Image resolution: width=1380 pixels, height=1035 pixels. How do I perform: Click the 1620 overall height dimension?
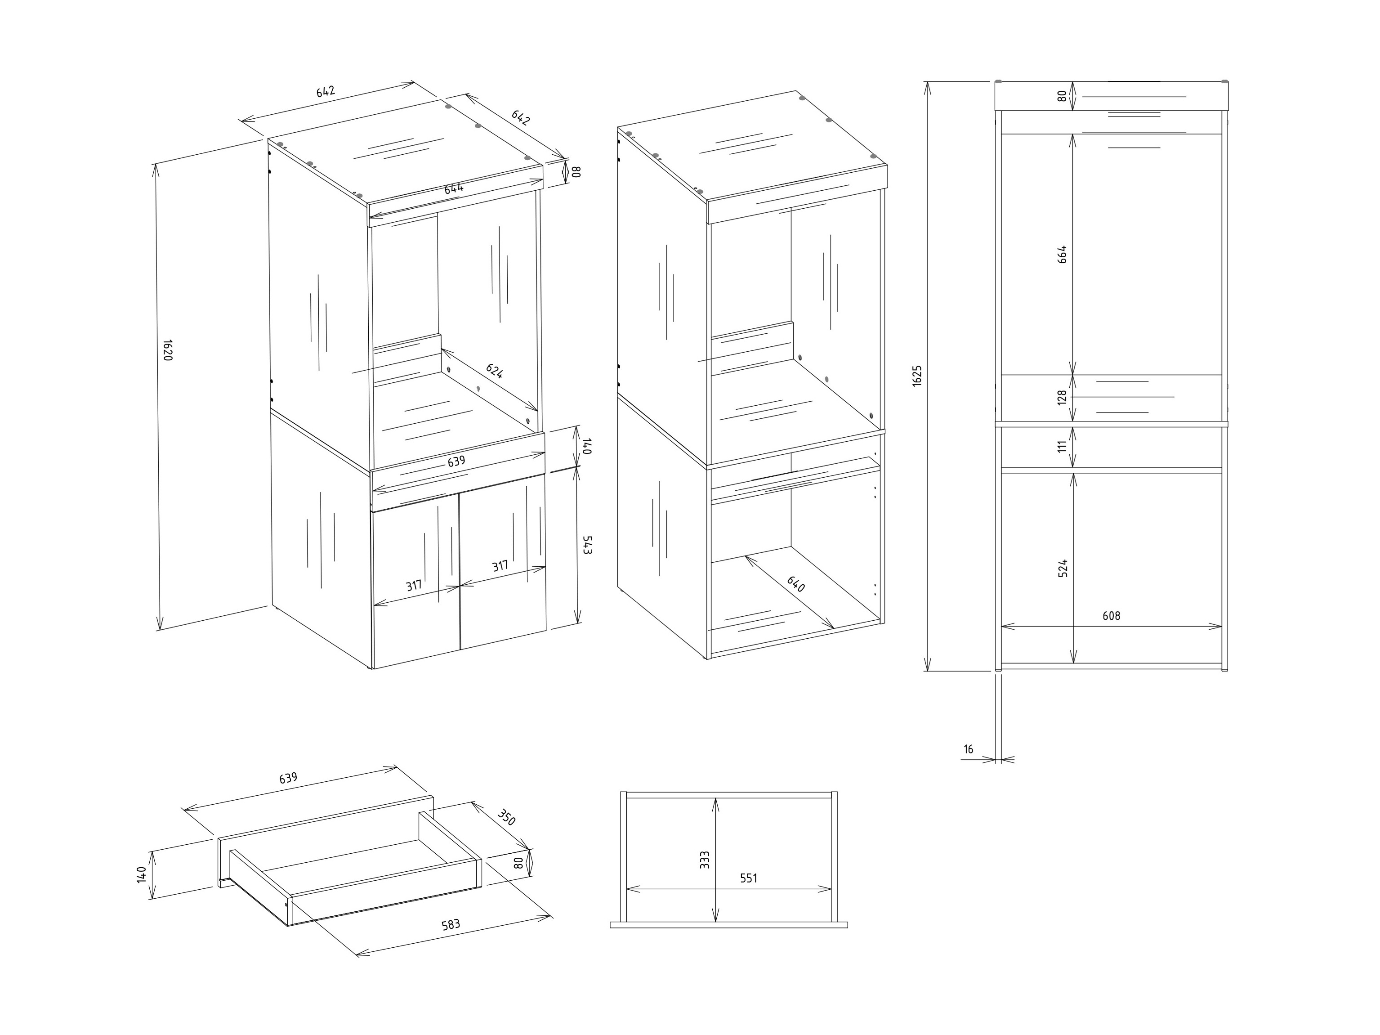(x=166, y=350)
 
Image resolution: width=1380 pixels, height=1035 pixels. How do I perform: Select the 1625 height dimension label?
(x=916, y=376)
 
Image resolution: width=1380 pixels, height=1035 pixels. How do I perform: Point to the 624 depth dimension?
(x=494, y=372)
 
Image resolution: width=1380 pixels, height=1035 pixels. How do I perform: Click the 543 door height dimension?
(x=586, y=545)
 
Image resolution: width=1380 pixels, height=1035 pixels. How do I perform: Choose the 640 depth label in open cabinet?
(x=795, y=584)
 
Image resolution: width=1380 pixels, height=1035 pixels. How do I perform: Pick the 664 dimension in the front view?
(x=1063, y=254)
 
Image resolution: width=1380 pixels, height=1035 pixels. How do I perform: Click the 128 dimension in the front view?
(x=1063, y=398)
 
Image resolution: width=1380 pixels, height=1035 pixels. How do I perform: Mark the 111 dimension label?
(x=1063, y=446)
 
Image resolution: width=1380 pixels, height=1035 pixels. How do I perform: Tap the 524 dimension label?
(x=1063, y=568)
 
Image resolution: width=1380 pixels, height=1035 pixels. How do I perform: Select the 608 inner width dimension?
(x=1111, y=615)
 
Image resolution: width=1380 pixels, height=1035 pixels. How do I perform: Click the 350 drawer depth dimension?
(x=506, y=817)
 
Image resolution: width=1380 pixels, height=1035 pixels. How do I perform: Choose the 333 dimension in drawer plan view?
(x=704, y=860)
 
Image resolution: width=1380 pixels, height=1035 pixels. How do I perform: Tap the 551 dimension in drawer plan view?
(x=748, y=878)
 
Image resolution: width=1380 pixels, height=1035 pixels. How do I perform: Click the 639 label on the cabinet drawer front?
(x=456, y=462)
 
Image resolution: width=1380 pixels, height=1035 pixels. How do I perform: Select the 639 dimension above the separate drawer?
(x=288, y=779)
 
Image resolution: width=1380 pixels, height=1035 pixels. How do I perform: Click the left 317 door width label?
(x=414, y=586)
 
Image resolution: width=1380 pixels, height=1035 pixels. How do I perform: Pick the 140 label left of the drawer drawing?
(x=142, y=874)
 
